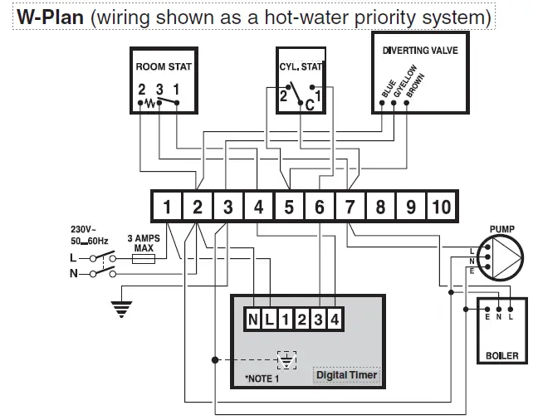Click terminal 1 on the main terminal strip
tap(167, 206)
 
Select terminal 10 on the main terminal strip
tap(441, 206)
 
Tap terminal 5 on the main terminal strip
tap(289, 206)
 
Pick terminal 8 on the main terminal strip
tap(380, 206)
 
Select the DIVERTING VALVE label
tap(419, 50)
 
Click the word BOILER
tap(501, 355)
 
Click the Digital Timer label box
tap(347, 375)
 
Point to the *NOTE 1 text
tap(262, 378)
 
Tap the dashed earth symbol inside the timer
tap(286, 360)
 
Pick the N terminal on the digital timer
tap(252, 319)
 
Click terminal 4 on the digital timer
tap(335, 319)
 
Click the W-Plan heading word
tap(48, 17)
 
